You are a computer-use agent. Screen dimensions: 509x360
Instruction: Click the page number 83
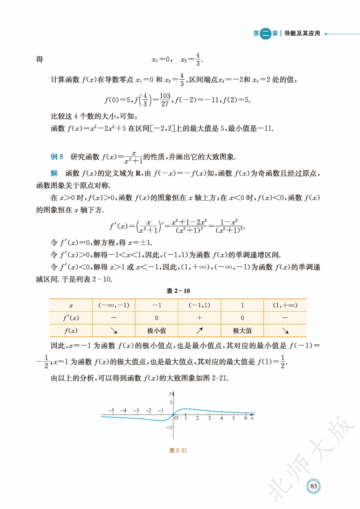click(313, 486)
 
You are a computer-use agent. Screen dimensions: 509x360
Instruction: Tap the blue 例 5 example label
click(57, 157)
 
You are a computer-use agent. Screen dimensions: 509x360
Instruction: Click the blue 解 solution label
click(54, 173)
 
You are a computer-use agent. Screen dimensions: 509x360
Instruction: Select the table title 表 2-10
click(178, 291)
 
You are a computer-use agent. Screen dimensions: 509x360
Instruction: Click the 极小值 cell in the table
click(157, 331)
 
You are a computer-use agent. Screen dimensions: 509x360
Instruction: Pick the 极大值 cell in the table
click(242, 331)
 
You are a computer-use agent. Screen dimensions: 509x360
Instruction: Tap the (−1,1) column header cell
click(199, 305)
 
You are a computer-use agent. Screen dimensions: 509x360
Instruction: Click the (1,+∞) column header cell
click(285, 305)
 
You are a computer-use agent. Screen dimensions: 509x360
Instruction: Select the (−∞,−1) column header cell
click(114, 305)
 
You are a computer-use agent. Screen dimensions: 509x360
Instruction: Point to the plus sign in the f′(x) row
click(199, 318)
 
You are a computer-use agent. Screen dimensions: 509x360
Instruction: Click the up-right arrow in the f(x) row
click(199, 331)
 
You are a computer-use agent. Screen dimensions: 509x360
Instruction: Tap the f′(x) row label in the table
click(71, 318)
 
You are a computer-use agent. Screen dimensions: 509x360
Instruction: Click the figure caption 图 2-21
click(178, 450)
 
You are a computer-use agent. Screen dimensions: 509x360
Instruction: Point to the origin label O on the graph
click(176, 418)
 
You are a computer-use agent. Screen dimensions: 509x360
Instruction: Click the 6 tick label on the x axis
click(245, 418)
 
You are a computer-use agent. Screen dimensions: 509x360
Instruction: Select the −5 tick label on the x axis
click(111, 411)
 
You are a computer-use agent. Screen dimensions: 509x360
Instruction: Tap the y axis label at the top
click(170, 393)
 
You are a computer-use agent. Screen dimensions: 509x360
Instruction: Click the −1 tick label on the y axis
click(169, 427)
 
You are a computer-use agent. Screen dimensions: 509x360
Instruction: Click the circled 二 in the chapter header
click(266, 33)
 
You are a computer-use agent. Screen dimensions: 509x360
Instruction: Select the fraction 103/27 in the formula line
click(165, 100)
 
